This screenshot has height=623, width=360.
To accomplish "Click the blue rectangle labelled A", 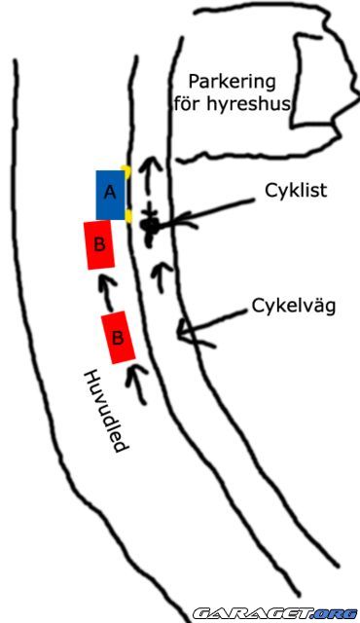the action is tap(110, 195).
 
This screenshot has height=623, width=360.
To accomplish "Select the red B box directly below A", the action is tap(99, 245).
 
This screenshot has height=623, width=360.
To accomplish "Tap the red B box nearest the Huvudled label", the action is tap(119, 338).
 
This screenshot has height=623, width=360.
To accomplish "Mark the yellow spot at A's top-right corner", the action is tap(126, 171).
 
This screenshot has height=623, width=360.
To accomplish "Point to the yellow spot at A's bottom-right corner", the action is tap(127, 218).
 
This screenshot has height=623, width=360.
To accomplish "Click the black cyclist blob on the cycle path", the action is tap(149, 226).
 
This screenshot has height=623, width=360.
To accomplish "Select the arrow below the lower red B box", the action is tap(135, 384).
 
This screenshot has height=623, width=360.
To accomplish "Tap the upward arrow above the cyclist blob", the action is tap(148, 175).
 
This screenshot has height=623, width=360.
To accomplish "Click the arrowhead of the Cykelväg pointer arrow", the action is tap(182, 332).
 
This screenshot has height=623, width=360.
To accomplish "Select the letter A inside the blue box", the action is tap(110, 193).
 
